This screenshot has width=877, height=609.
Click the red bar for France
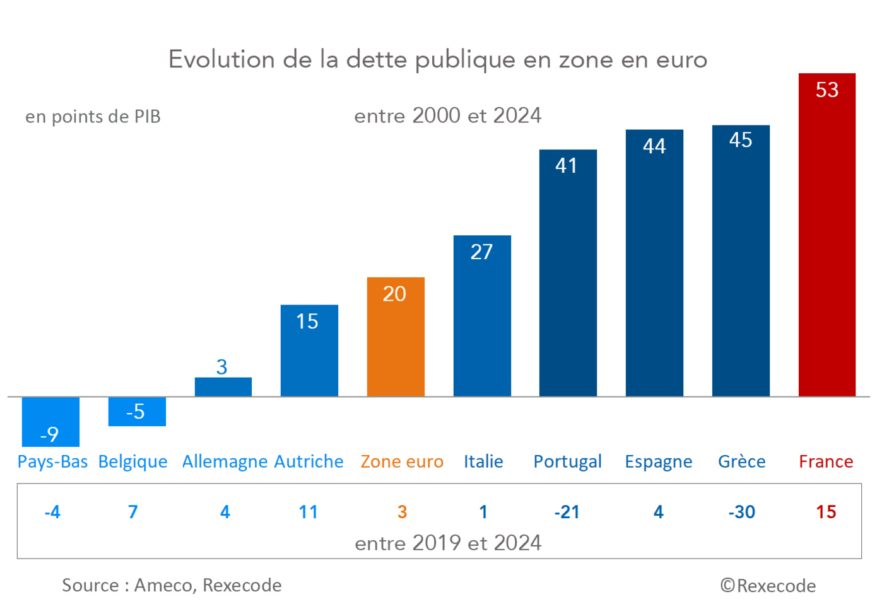[827, 246]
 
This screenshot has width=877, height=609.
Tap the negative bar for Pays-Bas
[50, 420]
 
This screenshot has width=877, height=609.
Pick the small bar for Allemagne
[223, 387]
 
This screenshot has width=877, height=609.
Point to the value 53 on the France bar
[827, 90]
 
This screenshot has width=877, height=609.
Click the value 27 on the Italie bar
[481, 252]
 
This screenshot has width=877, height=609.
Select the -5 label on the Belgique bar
[136, 412]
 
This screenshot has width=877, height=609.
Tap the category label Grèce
[741, 461]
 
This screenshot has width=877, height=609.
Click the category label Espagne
[658, 461]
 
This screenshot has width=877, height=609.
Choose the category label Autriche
[309, 461]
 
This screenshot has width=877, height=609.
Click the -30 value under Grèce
[741, 512]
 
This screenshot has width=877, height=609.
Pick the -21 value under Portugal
[567, 512]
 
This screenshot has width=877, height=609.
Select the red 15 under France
[826, 512]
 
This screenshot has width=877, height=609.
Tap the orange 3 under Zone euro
[402, 512]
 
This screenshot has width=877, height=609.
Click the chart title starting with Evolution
[438, 60]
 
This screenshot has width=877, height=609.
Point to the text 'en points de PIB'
[93, 117]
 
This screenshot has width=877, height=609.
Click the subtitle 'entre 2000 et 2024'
[447, 116]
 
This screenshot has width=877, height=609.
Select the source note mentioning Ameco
[172, 585]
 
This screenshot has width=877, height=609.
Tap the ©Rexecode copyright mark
[768, 586]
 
